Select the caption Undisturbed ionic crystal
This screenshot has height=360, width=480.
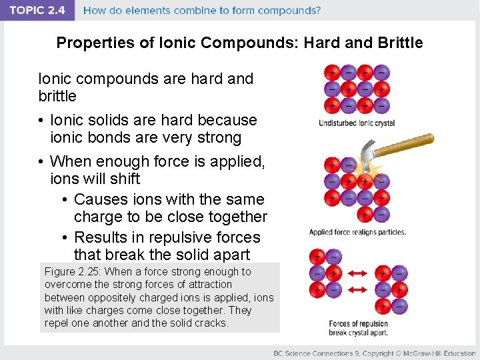coord(357,123)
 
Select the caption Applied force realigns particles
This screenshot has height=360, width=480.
coord(357,233)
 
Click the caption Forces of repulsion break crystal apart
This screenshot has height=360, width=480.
coord(358,328)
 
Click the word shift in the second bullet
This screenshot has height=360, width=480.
coord(125,179)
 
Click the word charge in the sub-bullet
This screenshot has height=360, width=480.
coord(97,217)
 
